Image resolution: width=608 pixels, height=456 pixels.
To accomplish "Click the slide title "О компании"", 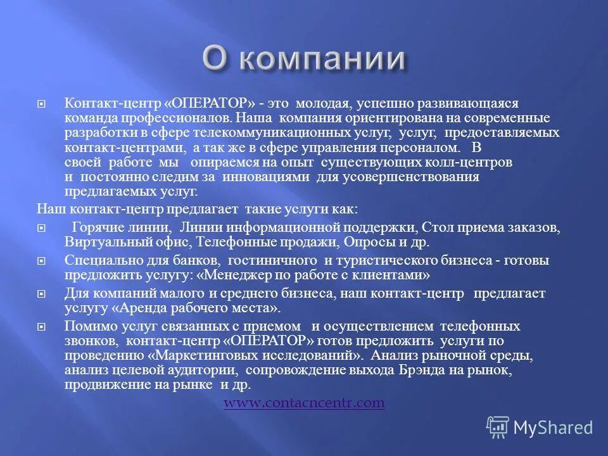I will point(304,58).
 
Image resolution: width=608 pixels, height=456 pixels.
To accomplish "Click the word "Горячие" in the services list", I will point(96,227).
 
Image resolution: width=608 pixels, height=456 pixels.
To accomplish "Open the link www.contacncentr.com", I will point(304,403).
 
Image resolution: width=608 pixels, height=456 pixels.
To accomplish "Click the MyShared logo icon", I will point(497,426).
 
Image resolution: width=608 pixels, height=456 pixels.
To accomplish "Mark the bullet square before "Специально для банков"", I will point(41,260).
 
